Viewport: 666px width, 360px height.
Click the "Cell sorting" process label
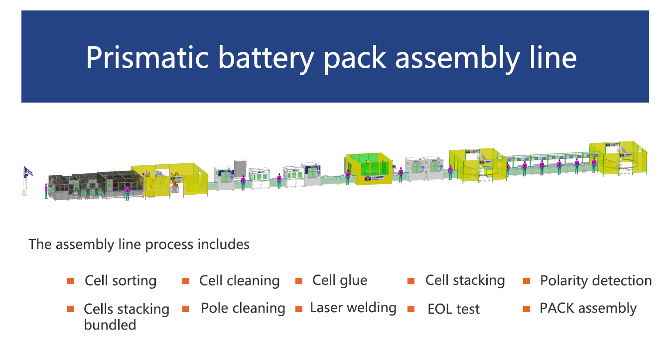pyautogui.click(x=121, y=281)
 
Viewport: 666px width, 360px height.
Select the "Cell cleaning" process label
pyautogui.click(x=239, y=281)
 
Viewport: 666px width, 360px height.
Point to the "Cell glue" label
pyautogui.click(x=340, y=280)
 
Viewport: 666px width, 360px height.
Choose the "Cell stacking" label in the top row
pyautogui.click(x=465, y=280)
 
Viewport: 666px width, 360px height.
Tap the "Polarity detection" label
pyautogui.click(x=596, y=281)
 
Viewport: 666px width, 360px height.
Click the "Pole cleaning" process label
pyautogui.click(x=243, y=308)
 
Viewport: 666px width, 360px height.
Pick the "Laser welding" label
pyautogui.click(x=353, y=308)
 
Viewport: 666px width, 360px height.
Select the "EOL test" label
pyautogui.click(x=453, y=309)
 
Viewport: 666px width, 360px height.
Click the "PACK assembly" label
pyautogui.click(x=588, y=308)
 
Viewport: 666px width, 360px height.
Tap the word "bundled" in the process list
pyautogui.click(x=110, y=325)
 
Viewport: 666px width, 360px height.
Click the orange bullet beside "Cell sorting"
pyautogui.click(x=71, y=281)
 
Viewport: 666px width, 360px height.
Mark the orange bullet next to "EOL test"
pyautogui.click(x=411, y=309)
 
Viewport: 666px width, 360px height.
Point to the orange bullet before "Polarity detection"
pyautogui.click(x=527, y=281)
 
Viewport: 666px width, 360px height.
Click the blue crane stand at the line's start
pyautogui.click(x=26, y=180)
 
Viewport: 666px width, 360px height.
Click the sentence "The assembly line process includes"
pyautogui.click(x=139, y=244)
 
